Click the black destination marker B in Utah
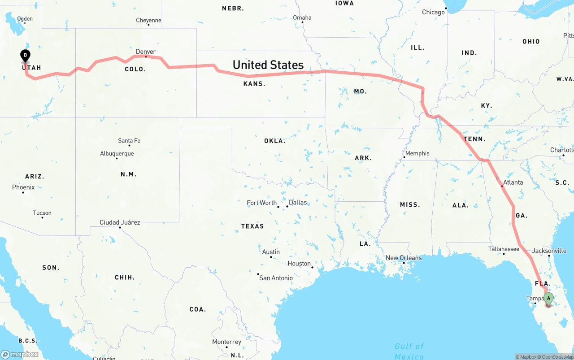coord(26,56)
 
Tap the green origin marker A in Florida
coord(548,298)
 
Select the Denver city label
coord(146,52)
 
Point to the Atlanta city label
coord(513,182)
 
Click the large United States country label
coord(268,65)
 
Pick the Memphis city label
coord(417,153)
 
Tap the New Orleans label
coord(404,258)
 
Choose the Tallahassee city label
coord(504,249)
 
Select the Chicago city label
coord(433,12)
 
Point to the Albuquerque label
coord(117,154)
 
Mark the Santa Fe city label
coord(129,141)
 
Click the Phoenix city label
coord(23,187)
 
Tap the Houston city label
coord(300,263)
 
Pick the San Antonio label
coord(276,278)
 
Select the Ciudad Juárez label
coord(120,222)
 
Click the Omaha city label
coord(302,17)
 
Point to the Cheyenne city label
coord(148,20)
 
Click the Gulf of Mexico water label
coord(409,351)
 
